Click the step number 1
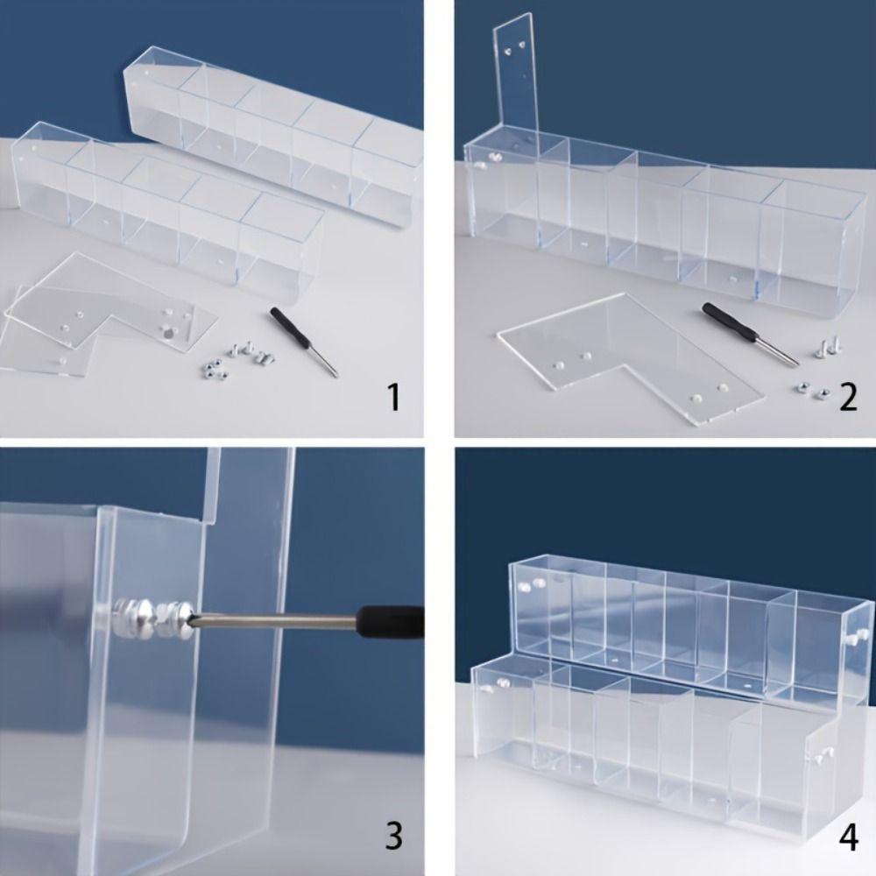click(x=394, y=398)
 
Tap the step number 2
click(x=848, y=398)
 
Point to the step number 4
click(x=848, y=837)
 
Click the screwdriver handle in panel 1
click(x=288, y=326)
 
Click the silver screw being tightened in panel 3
click(x=153, y=613)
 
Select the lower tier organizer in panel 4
click(x=648, y=736)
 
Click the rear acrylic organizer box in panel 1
click(x=272, y=131)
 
